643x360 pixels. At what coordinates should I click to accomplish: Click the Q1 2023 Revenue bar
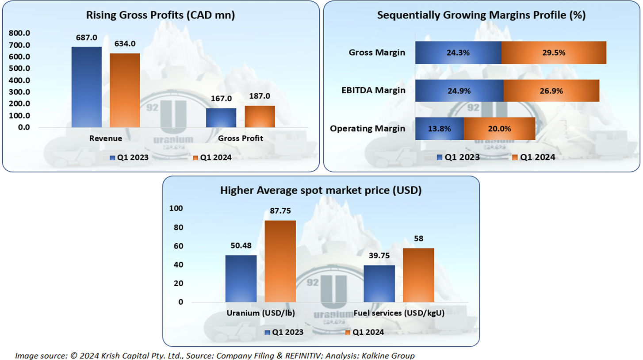click(x=86, y=87)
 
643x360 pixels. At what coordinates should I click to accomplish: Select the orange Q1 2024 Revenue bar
click(x=125, y=90)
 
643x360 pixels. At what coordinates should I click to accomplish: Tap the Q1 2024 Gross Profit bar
click(x=260, y=116)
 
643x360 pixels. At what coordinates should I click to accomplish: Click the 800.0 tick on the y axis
click(x=19, y=33)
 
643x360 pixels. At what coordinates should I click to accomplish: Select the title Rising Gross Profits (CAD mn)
click(x=160, y=15)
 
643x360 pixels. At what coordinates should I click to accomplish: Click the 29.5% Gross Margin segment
click(x=554, y=53)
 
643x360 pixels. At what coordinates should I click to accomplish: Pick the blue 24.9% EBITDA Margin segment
click(x=459, y=91)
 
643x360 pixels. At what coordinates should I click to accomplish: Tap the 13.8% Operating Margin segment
click(x=440, y=129)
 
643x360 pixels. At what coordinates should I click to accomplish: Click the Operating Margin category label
click(x=367, y=129)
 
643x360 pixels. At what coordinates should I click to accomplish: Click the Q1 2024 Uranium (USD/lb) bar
click(x=280, y=261)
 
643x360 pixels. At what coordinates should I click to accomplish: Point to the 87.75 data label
click(x=280, y=211)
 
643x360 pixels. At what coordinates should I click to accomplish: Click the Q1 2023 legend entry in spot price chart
click(x=283, y=332)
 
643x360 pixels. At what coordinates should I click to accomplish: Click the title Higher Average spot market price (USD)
click(x=321, y=191)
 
